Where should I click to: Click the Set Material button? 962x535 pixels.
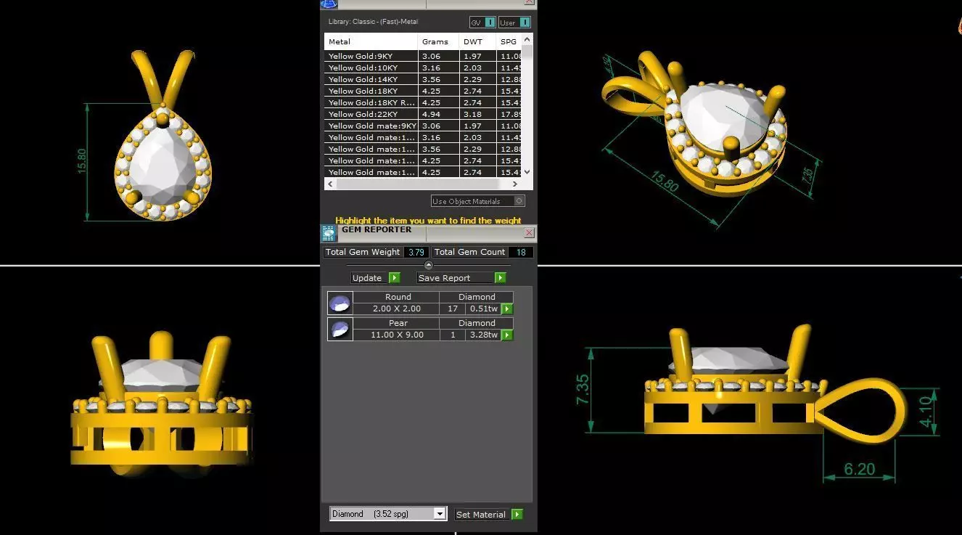pyautogui.click(x=488, y=515)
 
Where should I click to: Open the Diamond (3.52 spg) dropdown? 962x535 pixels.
pyautogui.click(x=439, y=514)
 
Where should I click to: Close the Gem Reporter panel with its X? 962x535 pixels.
pyautogui.click(x=529, y=232)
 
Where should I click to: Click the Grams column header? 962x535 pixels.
pyautogui.click(x=435, y=41)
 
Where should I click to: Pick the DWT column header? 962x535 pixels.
pyautogui.click(x=473, y=41)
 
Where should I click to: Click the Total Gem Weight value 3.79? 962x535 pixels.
pyautogui.click(x=416, y=253)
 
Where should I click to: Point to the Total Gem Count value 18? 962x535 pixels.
pyautogui.click(x=521, y=253)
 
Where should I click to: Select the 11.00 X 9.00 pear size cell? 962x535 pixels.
pyautogui.click(x=397, y=335)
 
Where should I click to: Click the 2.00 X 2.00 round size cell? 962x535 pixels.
pyautogui.click(x=397, y=309)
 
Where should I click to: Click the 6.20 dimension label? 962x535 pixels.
pyautogui.click(x=859, y=470)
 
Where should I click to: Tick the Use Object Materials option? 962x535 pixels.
pyautogui.click(x=519, y=201)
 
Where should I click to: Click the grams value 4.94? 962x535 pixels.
pyautogui.click(x=431, y=114)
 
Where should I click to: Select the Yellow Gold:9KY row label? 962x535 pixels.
pyautogui.click(x=361, y=56)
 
